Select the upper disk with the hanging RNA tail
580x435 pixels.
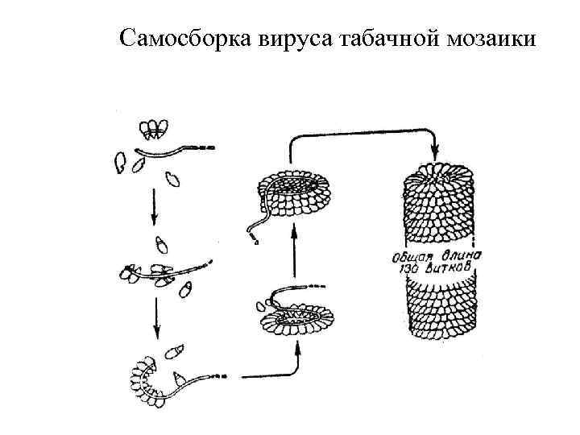293,192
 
